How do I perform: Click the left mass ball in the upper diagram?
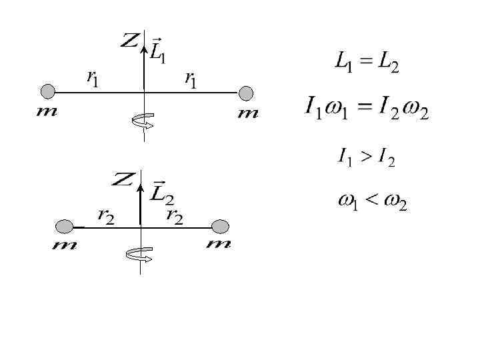coord(47,91)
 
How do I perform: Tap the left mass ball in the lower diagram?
coord(64,227)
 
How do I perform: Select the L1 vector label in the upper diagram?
coord(158,51)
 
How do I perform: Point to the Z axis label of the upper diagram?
coord(129,41)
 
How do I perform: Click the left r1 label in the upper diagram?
coord(93,78)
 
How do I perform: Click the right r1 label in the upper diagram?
coord(191,79)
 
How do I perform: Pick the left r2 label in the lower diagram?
coord(105,215)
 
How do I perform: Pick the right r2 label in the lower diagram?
coord(175,215)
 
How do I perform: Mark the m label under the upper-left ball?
coord(46,111)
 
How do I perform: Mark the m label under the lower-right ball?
coord(219,245)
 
